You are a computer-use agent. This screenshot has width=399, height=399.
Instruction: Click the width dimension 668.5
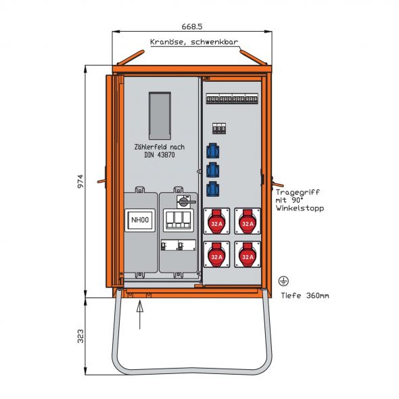click(191, 27)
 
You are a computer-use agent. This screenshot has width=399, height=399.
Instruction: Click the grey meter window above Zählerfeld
click(160, 116)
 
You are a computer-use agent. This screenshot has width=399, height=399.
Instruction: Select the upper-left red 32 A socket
click(216, 221)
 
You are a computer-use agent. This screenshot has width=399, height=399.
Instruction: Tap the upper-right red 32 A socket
click(248, 221)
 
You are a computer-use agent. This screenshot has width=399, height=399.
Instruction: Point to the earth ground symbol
click(284, 280)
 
